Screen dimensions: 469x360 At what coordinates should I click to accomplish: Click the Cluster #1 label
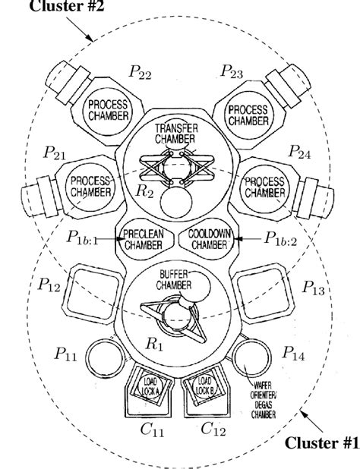click(319, 442)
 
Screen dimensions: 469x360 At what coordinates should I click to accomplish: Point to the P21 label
click(55, 154)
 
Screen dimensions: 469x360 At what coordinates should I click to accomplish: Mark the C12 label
click(215, 430)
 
